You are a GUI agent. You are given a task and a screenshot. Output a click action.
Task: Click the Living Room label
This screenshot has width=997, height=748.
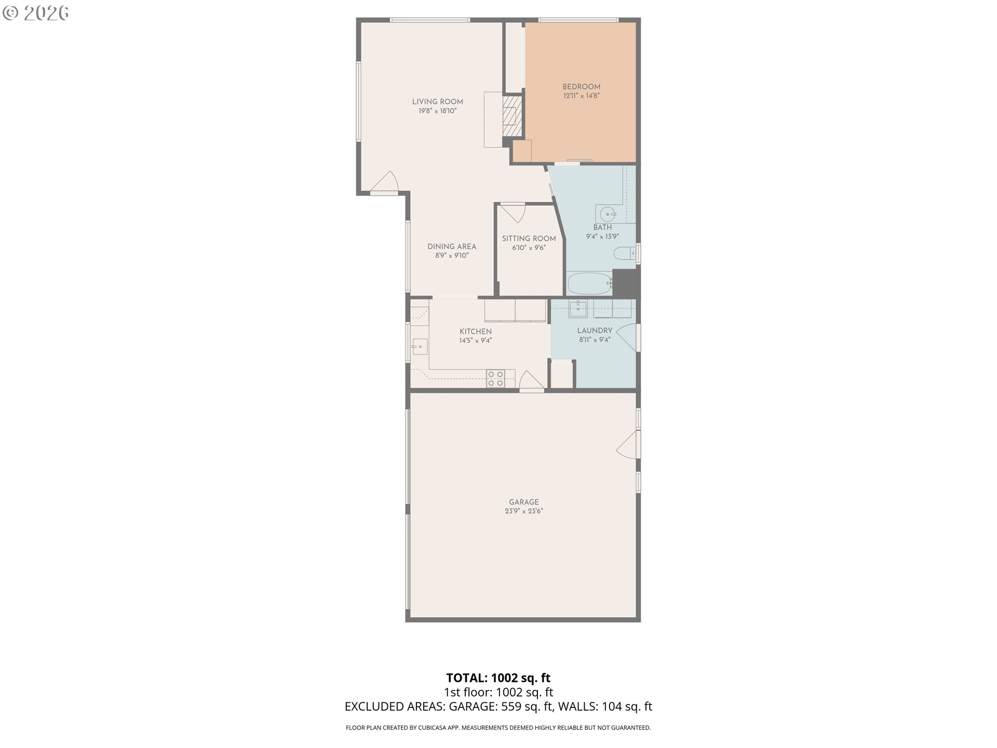437,102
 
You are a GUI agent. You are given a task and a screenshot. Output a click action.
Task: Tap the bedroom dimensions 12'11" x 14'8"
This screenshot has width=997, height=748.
581,96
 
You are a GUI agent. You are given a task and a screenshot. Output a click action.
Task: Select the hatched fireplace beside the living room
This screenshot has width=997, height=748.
512,115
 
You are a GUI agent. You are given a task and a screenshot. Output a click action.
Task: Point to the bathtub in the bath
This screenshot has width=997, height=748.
589,283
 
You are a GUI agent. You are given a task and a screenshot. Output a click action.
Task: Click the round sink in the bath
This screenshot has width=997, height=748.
608,213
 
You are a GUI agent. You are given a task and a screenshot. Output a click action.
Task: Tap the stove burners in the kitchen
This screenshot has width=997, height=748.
495,379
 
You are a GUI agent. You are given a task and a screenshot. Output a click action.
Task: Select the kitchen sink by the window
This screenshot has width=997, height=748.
419,346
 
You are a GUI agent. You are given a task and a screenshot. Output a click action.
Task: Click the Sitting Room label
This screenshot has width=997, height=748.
529,239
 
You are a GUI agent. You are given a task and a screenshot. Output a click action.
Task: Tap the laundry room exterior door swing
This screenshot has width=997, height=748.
627,337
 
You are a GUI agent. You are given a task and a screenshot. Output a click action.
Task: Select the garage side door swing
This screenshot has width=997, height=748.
627,444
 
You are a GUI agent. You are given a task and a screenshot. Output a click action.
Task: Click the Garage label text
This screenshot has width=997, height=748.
523,502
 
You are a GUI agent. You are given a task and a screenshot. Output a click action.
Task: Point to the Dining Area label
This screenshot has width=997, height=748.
452,247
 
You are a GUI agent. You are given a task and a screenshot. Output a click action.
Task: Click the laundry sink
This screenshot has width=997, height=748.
578,309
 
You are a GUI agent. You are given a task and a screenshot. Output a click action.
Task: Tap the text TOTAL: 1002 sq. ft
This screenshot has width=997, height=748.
498,678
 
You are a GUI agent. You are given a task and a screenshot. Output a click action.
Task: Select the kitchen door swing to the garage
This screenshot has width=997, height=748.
531,381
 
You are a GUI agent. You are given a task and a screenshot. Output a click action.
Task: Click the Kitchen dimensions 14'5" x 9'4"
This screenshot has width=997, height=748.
475,341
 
